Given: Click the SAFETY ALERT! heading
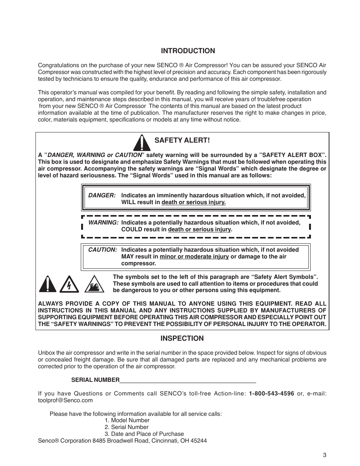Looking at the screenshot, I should [x=182, y=140].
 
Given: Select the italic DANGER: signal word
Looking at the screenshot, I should [x=102, y=195].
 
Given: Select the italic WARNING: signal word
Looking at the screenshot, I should [x=103, y=223].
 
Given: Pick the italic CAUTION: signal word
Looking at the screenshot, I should [x=103, y=250].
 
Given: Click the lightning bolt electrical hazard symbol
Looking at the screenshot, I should [x=69, y=285].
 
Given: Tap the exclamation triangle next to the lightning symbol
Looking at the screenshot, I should [x=48, y=284].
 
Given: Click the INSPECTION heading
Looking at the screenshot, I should [x=182, y=338].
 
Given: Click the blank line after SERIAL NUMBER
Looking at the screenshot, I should [x=188, y=380].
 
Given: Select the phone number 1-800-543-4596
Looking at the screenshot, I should [x=271, y=394].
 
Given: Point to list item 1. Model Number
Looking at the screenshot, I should [x=127, y=420].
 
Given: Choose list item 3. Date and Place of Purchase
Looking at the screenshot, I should [x=144, y=434].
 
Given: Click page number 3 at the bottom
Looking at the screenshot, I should [x=324, y=455].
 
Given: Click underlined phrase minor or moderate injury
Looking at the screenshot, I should [x=194, y=257].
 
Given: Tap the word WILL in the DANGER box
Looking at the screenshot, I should [x=128, y=202].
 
